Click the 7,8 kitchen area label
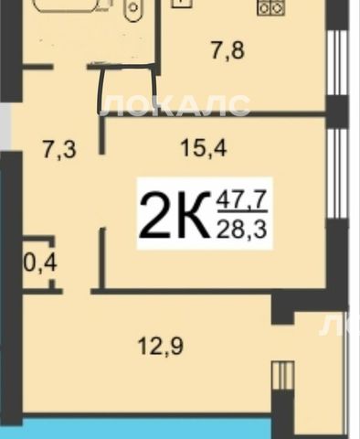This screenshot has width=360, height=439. click(x=228, y=51)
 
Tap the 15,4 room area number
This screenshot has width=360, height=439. click(x=204, y=149)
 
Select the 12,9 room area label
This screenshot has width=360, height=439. click(x=161, y=347)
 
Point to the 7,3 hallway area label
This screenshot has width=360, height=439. click(x=58, y=150)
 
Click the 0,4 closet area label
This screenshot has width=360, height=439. click(x=40, y=262)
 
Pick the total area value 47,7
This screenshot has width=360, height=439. click(x=242, y=199)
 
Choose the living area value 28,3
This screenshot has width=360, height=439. click(x=242, y=230)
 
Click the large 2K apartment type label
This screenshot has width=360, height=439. click(x=175, y=214)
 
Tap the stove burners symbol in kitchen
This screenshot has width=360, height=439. click(x=270, y=8)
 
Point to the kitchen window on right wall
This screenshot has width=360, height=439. click(x=337, y=63)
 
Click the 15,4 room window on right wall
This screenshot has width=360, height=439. click(x=337, y=174)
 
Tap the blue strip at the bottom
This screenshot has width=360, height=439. click(x=146, y=429)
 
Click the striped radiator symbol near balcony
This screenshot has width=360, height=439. click(x=283, y=376)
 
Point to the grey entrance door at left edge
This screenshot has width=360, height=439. click(x=5, y=126)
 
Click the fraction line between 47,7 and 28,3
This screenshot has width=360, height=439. click(x=242, y=211)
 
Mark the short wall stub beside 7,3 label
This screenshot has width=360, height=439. click(x=102, y=136)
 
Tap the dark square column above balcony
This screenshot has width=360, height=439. click(x=282, y=308)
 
